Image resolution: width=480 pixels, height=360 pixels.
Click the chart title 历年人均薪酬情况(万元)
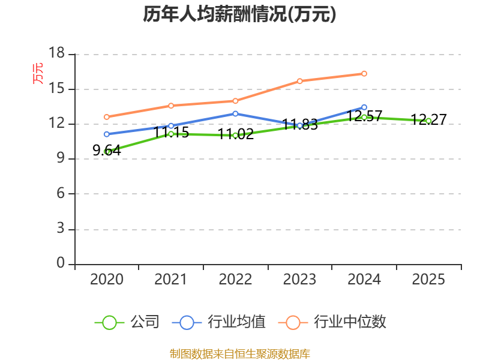tap(239, 14)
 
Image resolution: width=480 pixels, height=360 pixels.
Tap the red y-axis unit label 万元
tap(38, 73)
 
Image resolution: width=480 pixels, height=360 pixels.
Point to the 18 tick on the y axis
tap(56, 54)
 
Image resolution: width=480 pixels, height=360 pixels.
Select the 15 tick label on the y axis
tap(56, 89)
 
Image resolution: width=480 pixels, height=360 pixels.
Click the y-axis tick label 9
tap(60, 159)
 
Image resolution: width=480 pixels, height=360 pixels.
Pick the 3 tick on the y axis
tap(60, 229)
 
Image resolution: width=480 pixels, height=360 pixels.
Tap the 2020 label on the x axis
tap(106, 280)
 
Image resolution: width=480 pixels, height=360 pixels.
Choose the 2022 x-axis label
tap(235, 280)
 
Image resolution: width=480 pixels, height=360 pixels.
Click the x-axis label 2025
tap(428, 280)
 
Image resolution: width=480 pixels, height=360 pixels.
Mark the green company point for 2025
tap(428, 121)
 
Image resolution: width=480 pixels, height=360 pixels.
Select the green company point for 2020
tap(107, 152)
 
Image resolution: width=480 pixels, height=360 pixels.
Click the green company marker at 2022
tap(235, 135)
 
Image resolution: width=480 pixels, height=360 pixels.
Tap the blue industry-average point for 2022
tap(235, 113)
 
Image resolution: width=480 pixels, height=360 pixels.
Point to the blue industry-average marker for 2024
tap(364, 107)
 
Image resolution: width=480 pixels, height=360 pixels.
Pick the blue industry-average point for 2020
tap(106, 134)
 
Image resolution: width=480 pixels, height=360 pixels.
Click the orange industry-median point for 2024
tap(364, 73)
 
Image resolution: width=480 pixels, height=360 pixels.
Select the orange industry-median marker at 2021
tap(171, 106)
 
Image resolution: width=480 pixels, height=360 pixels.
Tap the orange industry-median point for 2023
tap(299, 81)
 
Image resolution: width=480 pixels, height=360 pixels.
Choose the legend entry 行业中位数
tap(333, 322)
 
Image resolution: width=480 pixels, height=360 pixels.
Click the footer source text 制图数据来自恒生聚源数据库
tap(239, 353)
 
